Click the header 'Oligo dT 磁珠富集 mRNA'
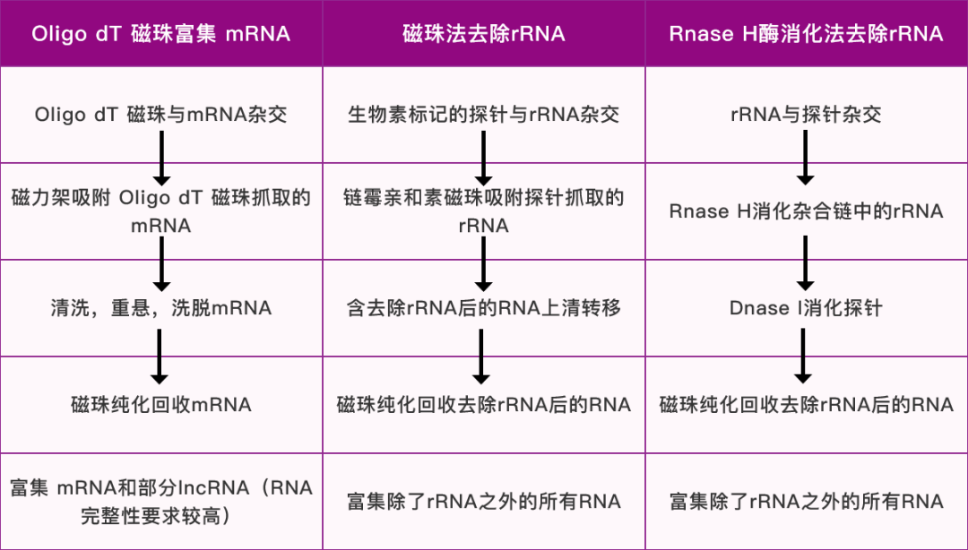pos(161,34)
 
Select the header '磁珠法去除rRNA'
pos(484,34)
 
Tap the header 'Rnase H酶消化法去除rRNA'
pos(806,34)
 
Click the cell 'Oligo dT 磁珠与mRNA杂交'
pos(161,115)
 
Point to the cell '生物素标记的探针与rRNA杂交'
pos(484,115)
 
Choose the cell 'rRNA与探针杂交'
pos(806,115)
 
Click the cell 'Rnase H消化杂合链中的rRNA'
pos(806,211)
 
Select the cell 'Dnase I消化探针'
pos(806,308)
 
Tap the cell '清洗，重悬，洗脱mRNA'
pos(161,308)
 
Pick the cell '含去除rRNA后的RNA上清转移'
pos(484,308)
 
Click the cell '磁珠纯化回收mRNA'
pos(161,405)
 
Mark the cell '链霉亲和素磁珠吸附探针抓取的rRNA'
pos(484,211)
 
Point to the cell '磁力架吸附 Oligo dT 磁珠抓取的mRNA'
pos(161,211)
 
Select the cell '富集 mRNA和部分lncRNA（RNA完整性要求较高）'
pos(161,502)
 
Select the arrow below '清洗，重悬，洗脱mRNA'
pos(160,356)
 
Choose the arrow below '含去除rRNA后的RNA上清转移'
pos(482,356)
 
